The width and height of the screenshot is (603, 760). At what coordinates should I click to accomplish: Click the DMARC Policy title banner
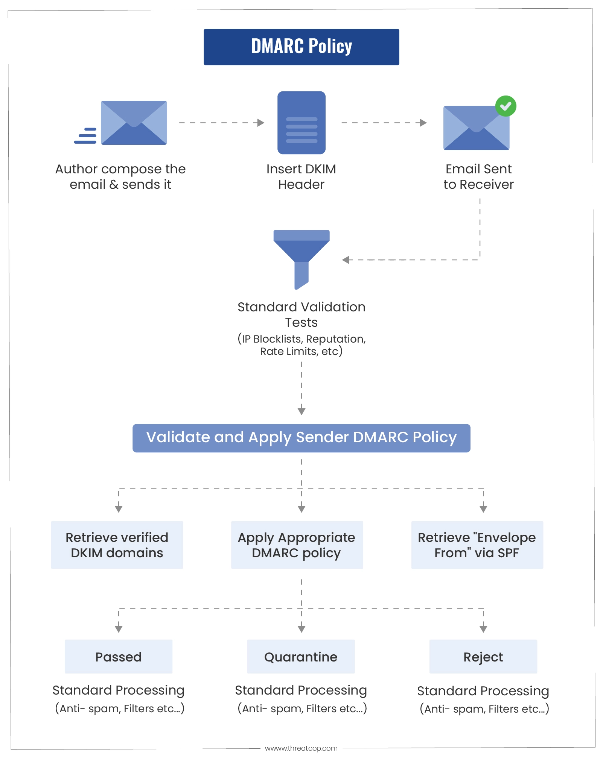point(301,47)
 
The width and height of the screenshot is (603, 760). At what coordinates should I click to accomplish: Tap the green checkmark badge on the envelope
point(506,106)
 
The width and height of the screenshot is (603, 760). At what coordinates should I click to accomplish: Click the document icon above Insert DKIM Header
point(301,123)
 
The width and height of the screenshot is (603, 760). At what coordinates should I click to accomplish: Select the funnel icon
point(301,259)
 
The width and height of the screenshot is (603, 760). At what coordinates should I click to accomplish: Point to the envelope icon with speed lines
point(121,123)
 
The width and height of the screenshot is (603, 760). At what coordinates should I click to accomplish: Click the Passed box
point(119,657)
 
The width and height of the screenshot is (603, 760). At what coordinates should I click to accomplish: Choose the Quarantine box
point(301,657)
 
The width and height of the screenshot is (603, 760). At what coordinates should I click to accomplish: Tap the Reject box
point(483,657)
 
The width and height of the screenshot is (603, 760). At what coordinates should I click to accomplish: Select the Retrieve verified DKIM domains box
point(117,545)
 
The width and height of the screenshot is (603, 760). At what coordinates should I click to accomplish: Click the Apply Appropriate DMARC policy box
point(297,545)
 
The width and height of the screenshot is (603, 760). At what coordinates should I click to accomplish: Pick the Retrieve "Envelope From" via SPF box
point(477,545)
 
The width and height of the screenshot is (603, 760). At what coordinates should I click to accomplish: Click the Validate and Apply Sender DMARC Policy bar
point(301,438)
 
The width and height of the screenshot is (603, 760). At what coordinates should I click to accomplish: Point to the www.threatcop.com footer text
point(301,748)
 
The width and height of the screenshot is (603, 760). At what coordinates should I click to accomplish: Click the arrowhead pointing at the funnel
point(346,260)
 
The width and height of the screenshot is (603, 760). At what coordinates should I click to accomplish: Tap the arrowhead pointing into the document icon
point(261,123)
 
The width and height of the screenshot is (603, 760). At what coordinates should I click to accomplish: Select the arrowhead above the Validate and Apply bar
point(301,411)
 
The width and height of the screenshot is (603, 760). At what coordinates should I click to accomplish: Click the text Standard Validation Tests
point(301,315)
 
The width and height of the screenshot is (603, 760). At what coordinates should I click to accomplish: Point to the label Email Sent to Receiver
point(478,177)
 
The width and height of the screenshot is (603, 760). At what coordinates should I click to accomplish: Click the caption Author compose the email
point(120,177)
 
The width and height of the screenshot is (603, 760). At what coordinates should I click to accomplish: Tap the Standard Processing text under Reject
point(483,691)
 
